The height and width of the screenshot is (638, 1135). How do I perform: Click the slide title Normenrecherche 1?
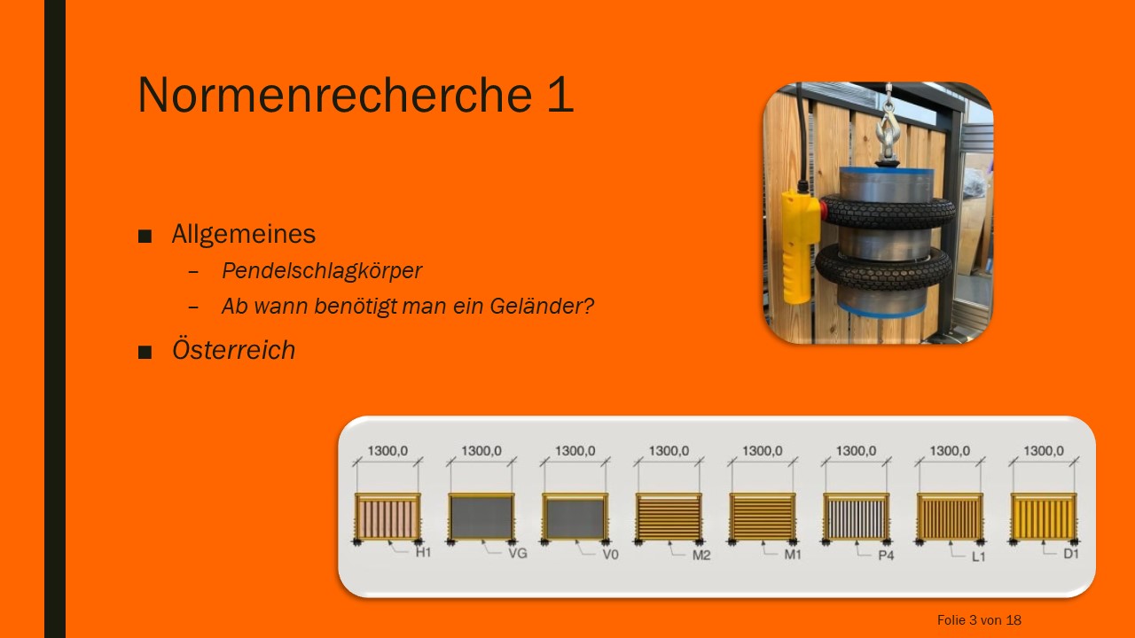(x=356, y=94)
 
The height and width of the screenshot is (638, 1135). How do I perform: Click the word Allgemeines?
(x=244, y=234)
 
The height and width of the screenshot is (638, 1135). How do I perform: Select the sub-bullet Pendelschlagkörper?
(x=322, y=271)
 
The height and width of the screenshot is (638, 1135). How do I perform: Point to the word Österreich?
(x=233, y=349)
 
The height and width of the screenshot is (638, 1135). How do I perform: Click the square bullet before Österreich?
(x=145, y=352)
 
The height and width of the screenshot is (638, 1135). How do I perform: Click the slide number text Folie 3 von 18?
(x=979, y=619)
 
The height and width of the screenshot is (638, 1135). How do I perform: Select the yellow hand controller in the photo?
(x=800, y=246)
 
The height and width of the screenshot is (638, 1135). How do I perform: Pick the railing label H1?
(x=423, y=552)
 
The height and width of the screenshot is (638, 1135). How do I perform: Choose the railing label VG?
(x=518, y=554)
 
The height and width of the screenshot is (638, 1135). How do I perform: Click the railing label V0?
(x=611, y=555)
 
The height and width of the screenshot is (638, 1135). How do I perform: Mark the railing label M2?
(x=701, y=556)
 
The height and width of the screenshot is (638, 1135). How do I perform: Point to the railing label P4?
(x=886, y=556)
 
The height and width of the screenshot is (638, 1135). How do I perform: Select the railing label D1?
(x=1070, y=554)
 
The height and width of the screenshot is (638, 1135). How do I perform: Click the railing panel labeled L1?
(x=950, y=517)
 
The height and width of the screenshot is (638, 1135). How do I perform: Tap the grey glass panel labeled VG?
(x=481, y=517)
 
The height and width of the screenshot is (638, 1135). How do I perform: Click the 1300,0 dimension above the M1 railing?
(x=763, y=451)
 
